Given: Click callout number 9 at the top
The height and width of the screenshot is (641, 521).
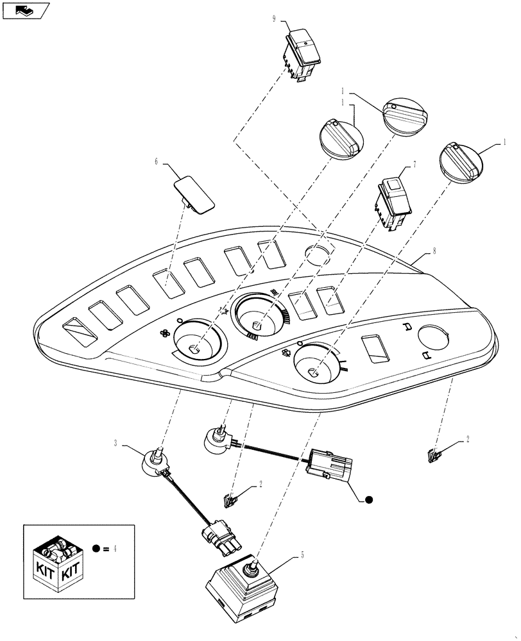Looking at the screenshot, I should [x=274, y=20].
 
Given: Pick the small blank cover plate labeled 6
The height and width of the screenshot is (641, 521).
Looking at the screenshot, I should [x=194, y=193].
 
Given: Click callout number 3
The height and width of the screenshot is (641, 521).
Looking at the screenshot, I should [x=116, y=443].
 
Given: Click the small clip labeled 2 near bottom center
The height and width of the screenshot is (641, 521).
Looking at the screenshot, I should [x=229, y=499].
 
